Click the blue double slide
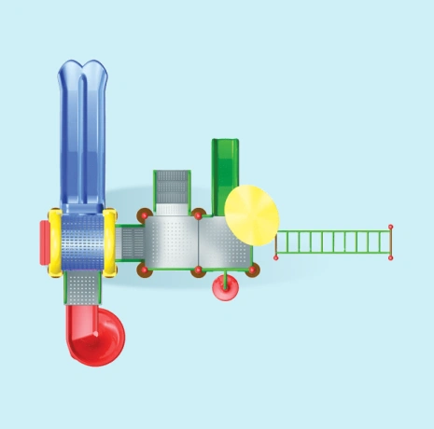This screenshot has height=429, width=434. (x=83, y=131)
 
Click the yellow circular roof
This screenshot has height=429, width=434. (x=252, y=212)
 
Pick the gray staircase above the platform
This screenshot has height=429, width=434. (x=173, y=188)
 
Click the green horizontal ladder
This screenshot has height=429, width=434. (x=333, y=242)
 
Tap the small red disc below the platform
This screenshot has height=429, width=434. (x=225, y=290)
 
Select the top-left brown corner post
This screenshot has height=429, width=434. (x=144, y=215)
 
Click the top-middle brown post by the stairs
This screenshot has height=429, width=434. (x=198, y=214)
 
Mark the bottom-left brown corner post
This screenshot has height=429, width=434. (x=144, y=270)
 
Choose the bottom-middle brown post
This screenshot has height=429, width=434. (x=198, y=271)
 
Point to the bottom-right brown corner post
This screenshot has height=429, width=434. (x=253, y=270)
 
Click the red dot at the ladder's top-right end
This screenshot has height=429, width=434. (x=391, y=227)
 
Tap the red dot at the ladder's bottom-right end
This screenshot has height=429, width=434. (x=391, y=256)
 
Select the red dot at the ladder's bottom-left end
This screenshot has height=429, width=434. (x=276, y=257)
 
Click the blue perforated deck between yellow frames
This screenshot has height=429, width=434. (x=83, y=242)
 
